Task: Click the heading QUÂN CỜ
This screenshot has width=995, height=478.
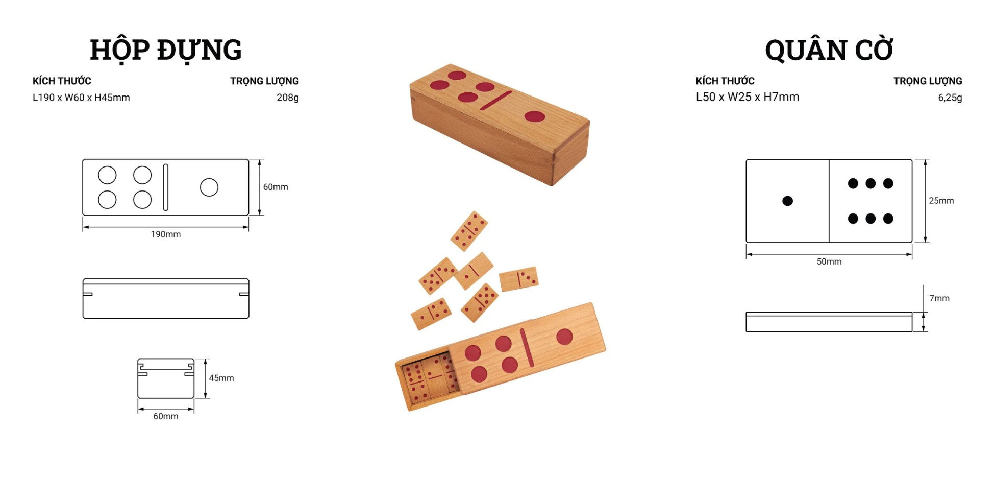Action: tap(829, 49)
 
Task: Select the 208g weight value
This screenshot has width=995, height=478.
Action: tap(288, 98)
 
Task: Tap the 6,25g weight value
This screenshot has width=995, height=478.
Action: tap(950, 98)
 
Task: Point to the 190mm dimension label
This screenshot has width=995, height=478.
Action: tap(165, 234)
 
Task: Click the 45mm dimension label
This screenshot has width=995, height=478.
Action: tap(221, 378)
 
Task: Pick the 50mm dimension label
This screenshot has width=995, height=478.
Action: tap(829, 261)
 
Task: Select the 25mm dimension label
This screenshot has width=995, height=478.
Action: tap(941, 201)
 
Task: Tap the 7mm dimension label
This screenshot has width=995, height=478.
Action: tap(939, 298)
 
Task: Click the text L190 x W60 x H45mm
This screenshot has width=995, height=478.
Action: tap(81, 98)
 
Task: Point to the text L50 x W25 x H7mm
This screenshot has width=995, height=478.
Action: tap(748, 97)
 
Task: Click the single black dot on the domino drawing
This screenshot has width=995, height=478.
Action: tap(787, 201)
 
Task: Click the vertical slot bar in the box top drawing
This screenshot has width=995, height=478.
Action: tap(165, 187)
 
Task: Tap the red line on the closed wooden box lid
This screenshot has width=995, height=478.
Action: tap(495, 101)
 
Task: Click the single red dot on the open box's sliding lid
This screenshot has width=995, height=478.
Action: tap(564, 337)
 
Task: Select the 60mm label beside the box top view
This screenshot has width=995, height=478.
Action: tap(276, 187)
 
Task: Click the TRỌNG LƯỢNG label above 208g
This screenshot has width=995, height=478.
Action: tap(264, 81)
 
